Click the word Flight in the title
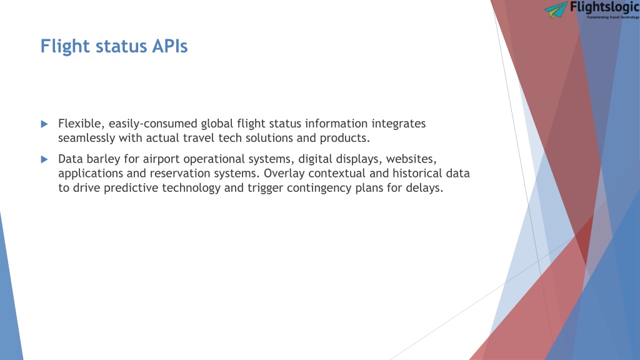pyautogui.click(x=65, y=46)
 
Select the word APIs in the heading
pyautogui.click(x=170, y=46)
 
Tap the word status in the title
pyautogui.click(x=121, y=46)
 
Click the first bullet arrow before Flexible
pyautogui.click(x=44, y=124)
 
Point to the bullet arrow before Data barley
pyautogui.click(x=44, y=159)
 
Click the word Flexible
pyautogui.click(x=82, y=124)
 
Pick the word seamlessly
pyautogui.click(x=86, y=138)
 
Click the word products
pyautogui.click(x=344, y=138)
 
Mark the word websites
pyautogui.click(x=411, y=159)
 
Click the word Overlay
pyautogui.click(x=284, y=174)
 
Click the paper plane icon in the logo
pyautogui.click(x=556, y=9)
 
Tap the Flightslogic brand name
pyautogui.click(x=605, y=7)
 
